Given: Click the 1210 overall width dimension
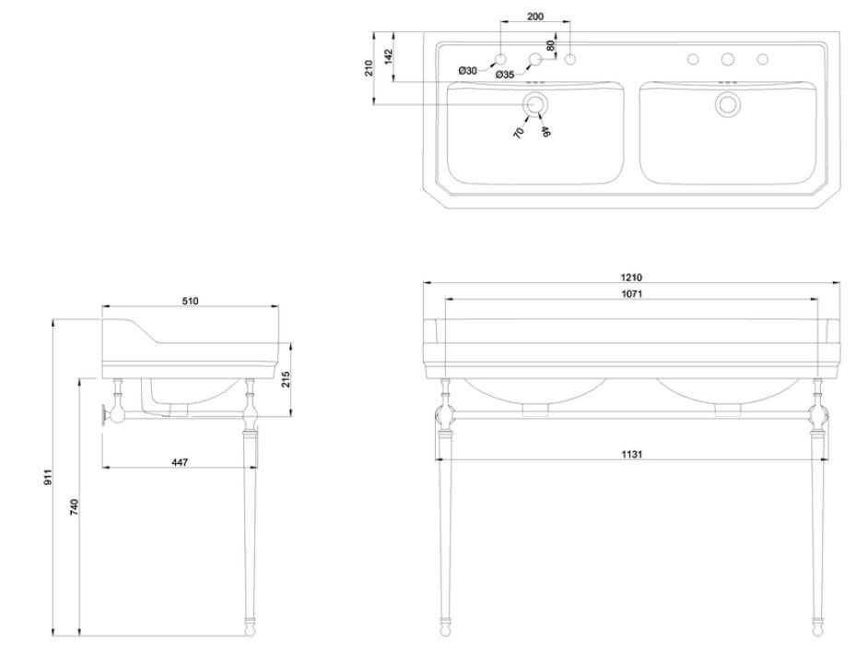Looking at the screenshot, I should coord(631,277).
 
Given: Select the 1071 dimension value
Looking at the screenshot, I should coord(631,294).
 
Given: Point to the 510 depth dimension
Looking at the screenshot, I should coord(191,301).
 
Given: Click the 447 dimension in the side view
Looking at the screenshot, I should coord(179,462).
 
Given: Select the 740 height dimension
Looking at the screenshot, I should coord(75,506).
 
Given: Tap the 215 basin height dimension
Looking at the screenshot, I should coord(286,379).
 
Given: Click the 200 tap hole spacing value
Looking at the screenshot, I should coord(534,17).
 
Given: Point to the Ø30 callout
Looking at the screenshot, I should coord(468,71).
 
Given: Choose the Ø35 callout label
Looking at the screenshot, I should coord(504,75).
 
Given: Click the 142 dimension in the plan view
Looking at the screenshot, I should coord(388,56).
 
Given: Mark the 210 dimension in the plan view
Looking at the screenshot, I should coord(369,67).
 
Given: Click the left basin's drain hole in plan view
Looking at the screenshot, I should coord(534,103).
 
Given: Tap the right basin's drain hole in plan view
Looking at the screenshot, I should coord(727,103).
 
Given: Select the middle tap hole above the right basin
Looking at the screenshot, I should coord(727,60).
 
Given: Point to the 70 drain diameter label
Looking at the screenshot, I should coord(520,132).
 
